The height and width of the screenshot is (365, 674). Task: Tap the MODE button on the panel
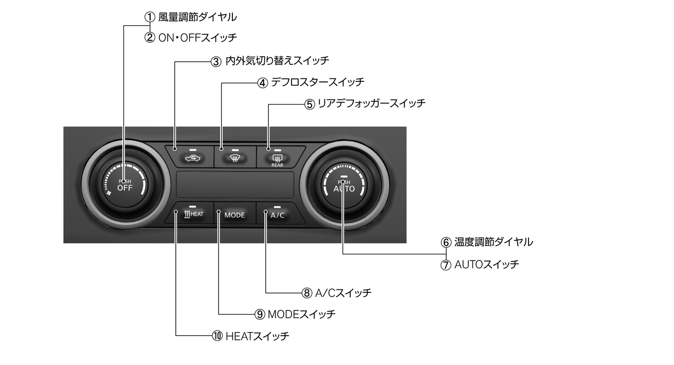[234, 215]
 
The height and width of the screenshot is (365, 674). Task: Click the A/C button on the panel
[277, 215]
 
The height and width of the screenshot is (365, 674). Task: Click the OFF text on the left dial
[125, 187]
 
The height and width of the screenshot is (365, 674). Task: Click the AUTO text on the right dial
[344, 188]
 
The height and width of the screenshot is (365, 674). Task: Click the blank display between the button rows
[235, 185]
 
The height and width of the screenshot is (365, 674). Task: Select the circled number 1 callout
[150, 17]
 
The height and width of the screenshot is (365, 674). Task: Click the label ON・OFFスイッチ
[197, 38]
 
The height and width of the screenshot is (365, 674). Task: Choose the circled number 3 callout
[216, 61]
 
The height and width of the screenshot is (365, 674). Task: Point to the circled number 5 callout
[309, 103]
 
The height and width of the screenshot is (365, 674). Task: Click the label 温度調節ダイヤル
[494, 241]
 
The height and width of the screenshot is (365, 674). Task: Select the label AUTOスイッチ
[486, 265]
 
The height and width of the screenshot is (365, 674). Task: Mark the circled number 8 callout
[307, 293]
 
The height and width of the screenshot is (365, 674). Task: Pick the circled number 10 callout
[216, 336]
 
